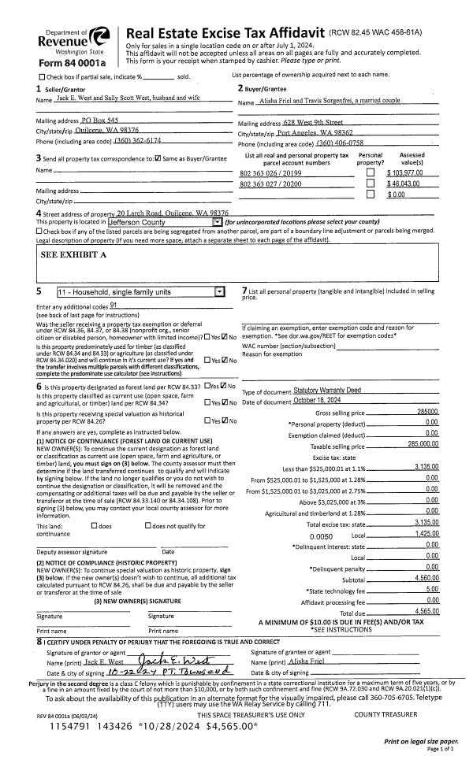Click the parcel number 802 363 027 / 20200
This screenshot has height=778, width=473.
[x=270, y=183]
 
